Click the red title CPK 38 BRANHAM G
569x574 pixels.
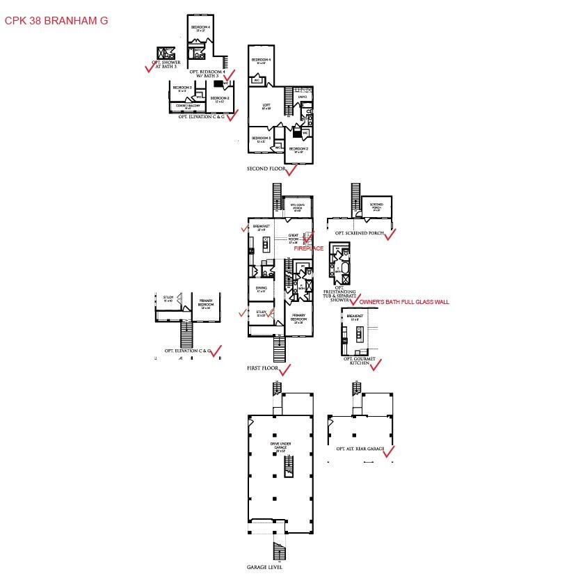coord(56,21)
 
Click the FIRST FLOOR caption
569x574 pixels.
coord(262,367)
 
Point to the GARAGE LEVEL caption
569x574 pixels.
coord(265,567)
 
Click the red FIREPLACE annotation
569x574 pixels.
coord(308,248)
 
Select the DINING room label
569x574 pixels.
coord(262,288)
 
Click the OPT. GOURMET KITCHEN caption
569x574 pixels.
coord(359,361)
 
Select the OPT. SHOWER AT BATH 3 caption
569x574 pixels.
coord(166,64)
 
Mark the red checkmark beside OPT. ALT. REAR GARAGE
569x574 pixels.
coord(388,452)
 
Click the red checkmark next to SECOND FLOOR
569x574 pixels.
coord(291,169)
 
